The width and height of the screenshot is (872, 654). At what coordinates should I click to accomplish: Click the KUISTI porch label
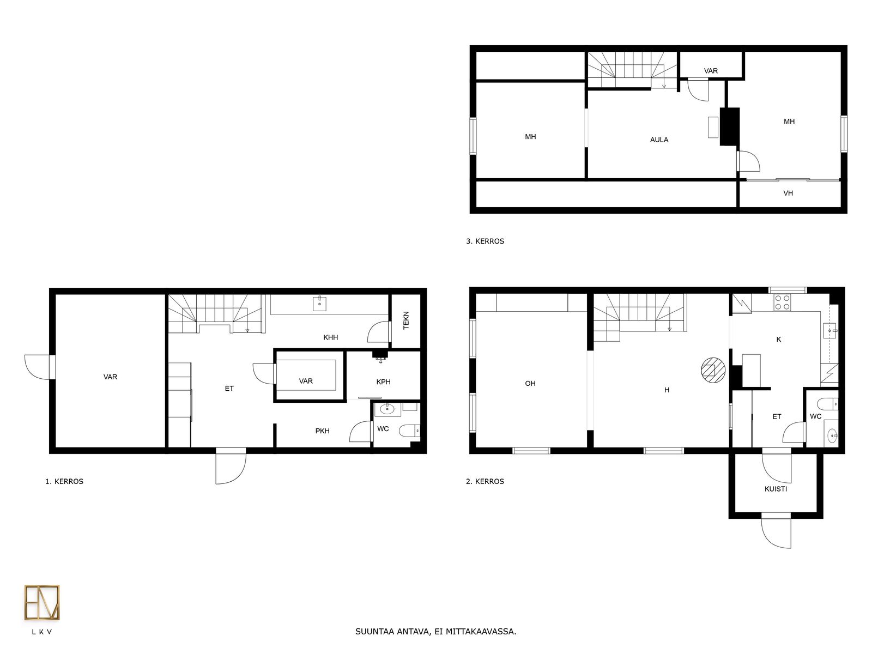776,489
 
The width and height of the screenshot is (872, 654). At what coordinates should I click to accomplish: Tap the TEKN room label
406,320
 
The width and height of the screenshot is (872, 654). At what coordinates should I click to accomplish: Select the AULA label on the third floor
659,140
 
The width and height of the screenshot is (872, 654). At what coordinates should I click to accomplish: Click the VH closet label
788,193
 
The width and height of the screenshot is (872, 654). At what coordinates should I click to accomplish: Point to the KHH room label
330,337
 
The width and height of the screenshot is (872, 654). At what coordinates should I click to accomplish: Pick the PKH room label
322,431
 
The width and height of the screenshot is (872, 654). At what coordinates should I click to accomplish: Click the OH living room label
530,383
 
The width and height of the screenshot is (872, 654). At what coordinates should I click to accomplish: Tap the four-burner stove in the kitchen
782,302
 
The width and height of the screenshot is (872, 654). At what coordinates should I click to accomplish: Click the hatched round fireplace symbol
713,370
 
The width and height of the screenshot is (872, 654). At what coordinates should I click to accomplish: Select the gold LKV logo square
42,602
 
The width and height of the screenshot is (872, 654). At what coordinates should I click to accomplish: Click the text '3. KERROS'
485,241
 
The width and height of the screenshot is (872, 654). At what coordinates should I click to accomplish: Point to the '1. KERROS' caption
64,481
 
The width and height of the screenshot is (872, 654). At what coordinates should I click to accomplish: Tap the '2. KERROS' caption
485,481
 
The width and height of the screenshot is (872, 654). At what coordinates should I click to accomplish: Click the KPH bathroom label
383,382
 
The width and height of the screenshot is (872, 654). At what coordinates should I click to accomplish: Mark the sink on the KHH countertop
319,303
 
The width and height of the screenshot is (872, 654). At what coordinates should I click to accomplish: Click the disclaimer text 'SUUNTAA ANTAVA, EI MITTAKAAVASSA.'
436,631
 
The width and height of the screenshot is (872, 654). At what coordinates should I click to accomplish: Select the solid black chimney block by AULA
730,126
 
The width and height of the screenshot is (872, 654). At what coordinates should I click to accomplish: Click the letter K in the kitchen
779,339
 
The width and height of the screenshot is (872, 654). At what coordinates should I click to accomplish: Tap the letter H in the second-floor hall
667,390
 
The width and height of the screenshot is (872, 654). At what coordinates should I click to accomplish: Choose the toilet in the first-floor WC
410,431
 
